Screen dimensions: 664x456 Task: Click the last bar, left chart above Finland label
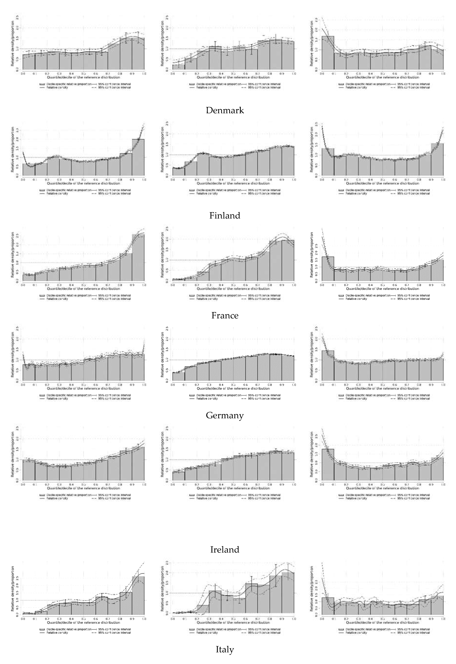click(x=138, y=157)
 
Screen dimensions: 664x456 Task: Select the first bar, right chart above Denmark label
click(x=328, y=53)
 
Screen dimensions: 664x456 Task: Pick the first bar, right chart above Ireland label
click(x=328, y=464)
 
